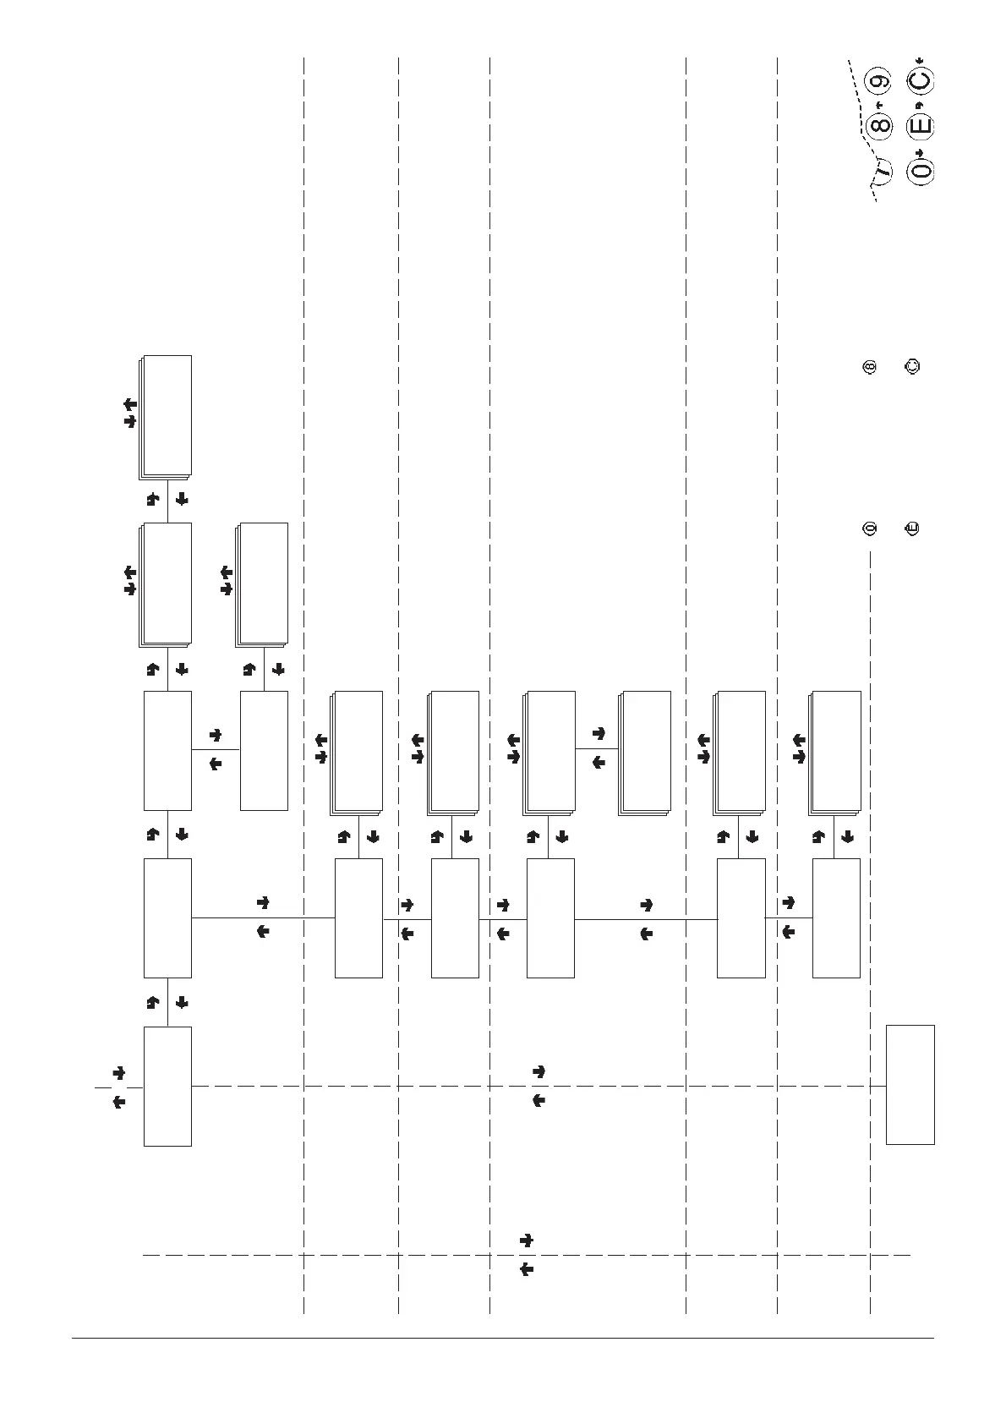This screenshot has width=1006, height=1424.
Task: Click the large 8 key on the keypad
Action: point(880,126)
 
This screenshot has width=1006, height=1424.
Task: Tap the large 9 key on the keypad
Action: point(880,82)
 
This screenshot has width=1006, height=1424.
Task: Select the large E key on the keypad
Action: point(920,126)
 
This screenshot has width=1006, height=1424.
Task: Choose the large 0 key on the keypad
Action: point(920,170)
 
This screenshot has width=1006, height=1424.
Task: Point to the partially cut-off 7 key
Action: point(883,170)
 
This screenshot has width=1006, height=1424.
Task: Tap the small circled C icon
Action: point(912,367)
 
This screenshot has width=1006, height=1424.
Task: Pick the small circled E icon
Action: point(912,529)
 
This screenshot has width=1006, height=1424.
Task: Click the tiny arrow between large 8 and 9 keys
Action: point(879,104)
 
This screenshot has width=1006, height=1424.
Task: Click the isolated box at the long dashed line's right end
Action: point(910,1084)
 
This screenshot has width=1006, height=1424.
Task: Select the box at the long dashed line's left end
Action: point(167,1086)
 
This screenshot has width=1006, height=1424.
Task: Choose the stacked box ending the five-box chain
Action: point(167,416)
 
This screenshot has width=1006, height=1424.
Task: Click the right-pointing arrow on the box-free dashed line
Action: point(526,1241)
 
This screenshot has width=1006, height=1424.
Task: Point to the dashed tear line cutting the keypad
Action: point(862,127)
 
